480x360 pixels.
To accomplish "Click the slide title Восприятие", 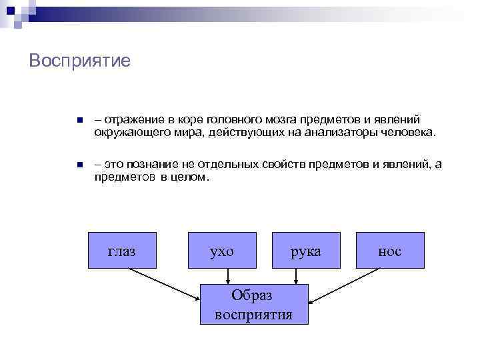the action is pyautogui.click(x=80, y=61).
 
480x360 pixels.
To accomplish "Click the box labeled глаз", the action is pyautogui.click(x=123, y=250).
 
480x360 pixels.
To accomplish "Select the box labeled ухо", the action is pyautogui.click(x=222, y=250).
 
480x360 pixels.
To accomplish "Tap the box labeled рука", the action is pyautogui.click(x=306, y=250).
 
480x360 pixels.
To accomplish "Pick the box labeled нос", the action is pyautogui.click(x=390, y=250).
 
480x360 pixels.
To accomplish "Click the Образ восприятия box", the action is pyautogui.click(x=254, y=304).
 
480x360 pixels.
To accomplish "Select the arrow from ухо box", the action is pyautogui.click(x=229, y=276).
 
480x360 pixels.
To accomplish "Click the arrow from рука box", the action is pyautogui.click(x=296, y=276).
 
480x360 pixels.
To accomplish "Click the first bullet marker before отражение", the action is pyautogui.click(x=78, y=121).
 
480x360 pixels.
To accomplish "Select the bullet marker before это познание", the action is pyautogui.click(x=78, y=165).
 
